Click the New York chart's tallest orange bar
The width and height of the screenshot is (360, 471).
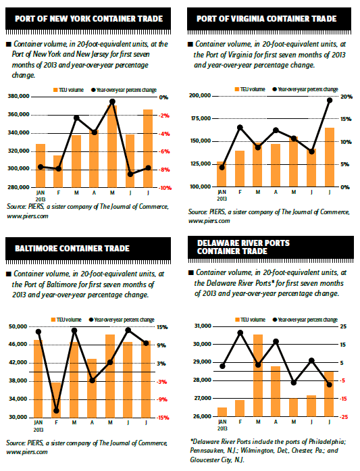(x=112, y=146)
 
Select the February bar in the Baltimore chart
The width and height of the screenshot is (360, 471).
(x=56, y=400)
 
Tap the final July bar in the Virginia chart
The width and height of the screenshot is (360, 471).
(x=330, y=157)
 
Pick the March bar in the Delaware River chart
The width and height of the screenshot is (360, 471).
(x=258, y=376)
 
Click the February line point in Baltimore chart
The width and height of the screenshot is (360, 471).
(x=56, y=411)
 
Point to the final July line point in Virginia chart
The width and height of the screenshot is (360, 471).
(x=330, y=100)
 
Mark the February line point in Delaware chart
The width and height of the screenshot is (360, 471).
(x=240, y=332)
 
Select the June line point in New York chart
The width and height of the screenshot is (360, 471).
(x=130, y=174)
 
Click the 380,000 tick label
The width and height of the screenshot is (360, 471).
(x=19, y=97)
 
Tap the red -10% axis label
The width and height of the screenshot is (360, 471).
(x=165, y=188)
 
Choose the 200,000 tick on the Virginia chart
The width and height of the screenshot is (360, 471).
(x=200, y=95)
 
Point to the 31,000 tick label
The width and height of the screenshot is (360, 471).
(x=203, y=326)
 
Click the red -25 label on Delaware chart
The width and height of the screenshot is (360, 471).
(x=344, y=417)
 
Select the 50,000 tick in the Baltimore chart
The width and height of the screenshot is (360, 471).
(x=18, y=326)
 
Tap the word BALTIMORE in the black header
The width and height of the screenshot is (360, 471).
(x=36, y=249)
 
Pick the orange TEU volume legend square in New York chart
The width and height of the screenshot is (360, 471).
(x=55, y=90)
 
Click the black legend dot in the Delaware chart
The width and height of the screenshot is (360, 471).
(x=274, y=320)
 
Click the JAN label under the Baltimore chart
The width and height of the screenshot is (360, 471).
(x=38, y=422)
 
